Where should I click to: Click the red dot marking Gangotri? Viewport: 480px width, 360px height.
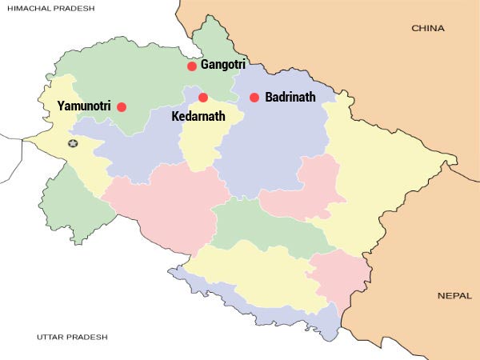pos(192,66)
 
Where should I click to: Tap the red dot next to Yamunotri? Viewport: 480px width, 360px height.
pos(122,106)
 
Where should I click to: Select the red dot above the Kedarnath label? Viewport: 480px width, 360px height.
pos(203,98)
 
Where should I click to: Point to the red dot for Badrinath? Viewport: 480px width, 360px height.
pos(254,98)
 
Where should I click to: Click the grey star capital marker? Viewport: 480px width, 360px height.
pos(73,143)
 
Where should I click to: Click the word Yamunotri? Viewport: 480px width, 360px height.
pos(84,106)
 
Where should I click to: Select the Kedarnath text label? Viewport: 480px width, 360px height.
pos(198,116)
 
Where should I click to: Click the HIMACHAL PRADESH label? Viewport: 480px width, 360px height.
pos(48,8)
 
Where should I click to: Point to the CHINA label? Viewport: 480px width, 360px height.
pos(428,28)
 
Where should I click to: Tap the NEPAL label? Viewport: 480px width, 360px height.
pos(454,295)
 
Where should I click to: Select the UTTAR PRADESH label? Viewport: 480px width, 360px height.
pos(72,337)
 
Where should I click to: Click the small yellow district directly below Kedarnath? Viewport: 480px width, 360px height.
pos(200,144)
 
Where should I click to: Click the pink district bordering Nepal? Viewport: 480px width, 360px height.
pos(332,280)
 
